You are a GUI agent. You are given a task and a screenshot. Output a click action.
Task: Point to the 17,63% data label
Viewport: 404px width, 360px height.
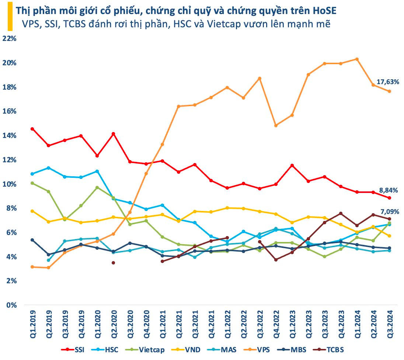(x=388, y=82)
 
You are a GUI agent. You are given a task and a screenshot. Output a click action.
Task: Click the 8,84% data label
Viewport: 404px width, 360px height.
(x=389, y=190)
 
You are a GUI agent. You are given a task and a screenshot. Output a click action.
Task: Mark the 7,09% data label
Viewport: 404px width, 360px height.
(x=389, y=211)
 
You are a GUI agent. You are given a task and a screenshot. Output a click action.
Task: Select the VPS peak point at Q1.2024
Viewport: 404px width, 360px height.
(x=356, y=59)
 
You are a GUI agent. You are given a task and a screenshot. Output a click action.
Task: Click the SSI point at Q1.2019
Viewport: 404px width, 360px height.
(x=32, y=129)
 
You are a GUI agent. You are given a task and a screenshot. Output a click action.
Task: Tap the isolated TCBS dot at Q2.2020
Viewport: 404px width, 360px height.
(x=113, y=263)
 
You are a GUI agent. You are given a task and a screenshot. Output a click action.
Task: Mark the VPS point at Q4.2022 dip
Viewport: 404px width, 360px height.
(x=276, y=125)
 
